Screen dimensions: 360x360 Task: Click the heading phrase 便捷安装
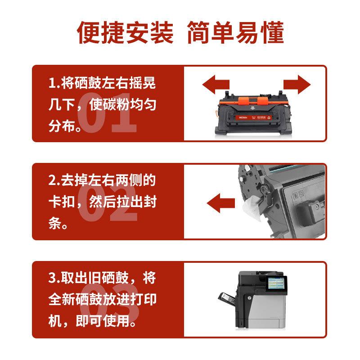tap(125, 33)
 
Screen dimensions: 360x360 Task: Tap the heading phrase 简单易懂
tap(235, 33)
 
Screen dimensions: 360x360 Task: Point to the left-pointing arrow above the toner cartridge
tap(216, 84)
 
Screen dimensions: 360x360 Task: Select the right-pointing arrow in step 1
tap(297, 84)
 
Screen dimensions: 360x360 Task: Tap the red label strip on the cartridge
tap(254, 118)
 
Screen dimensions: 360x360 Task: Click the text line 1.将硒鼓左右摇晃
tap(102, 84)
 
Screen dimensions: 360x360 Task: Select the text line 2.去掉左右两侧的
tap(102, 181)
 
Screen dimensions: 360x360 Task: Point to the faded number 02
tap(107, 209)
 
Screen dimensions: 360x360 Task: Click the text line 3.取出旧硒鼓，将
tap(102, 278)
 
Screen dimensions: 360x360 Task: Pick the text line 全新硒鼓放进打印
tap(102, 300)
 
